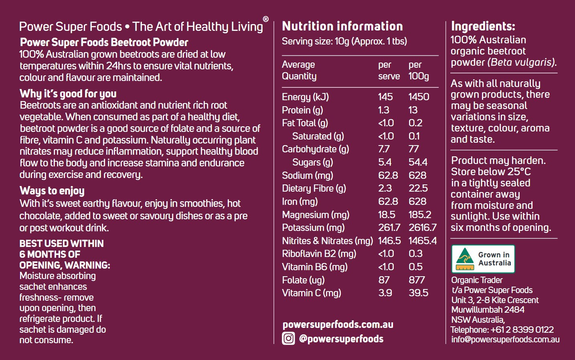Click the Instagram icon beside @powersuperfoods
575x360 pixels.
pos(288,339)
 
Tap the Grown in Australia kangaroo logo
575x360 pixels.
pos(465,259)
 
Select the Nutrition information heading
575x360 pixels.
pos(342,26)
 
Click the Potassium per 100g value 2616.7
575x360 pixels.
pos(422,228)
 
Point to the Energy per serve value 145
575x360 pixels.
pos(385,97)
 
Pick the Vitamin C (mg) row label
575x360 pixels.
pos(312,293)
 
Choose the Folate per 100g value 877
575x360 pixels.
pos(417,280)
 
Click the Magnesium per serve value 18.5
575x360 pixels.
pos(387,215)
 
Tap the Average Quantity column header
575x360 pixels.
pos(299,70)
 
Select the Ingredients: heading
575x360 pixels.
pos(483,26)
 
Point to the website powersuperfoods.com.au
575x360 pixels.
pos(338,324)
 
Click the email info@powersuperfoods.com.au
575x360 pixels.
pos(505,340)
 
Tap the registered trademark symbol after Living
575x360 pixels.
pos(265,19)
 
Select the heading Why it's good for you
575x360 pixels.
pos(68,94)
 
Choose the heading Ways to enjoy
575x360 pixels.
pos(52,191)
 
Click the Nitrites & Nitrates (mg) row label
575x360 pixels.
pos(327,241)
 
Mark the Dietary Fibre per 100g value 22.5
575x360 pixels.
pos(418,188)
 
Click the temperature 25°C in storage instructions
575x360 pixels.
pos(518,172)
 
